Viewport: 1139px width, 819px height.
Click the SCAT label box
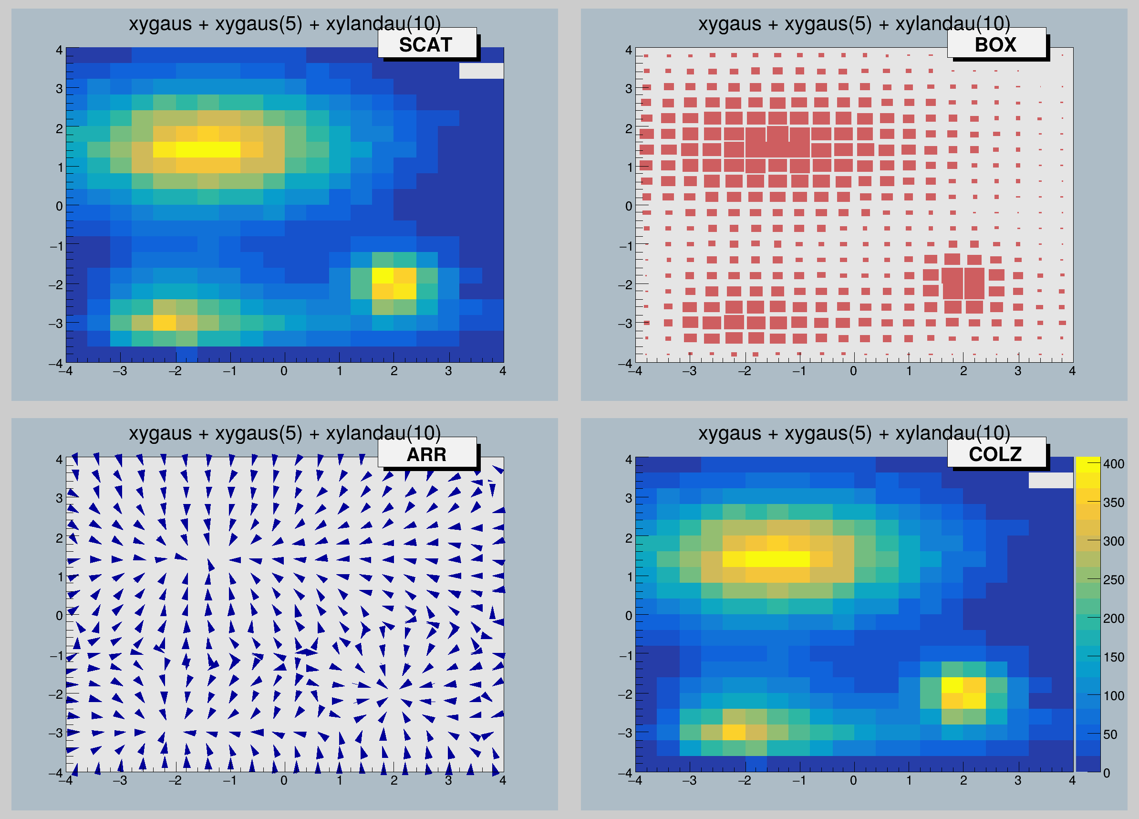click(426, 44)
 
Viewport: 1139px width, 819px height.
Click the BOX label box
click(996, 44)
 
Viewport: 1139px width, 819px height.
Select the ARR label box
click(426, 454)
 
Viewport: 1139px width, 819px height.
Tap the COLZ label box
click(996, 454)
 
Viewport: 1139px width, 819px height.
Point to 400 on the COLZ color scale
click(1113, 464)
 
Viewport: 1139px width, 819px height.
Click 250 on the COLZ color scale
click(1113, 580)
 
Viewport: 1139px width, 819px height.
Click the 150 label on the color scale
click(1113, 657)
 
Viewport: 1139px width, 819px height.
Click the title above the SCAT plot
click(285, 23)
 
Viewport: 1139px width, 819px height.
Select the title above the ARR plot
click(285, 433)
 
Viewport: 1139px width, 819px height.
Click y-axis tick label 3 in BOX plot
click(628, 88)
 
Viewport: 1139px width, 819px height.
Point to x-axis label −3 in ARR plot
click(120, 780)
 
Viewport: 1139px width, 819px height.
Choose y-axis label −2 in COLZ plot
click(625, 694)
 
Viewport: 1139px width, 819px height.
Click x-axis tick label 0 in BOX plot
click(853, 371)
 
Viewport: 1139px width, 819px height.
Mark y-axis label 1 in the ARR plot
click(61, 577)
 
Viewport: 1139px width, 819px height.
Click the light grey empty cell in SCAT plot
click(481, 71)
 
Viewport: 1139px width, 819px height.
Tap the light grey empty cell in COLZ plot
click(1051, 480)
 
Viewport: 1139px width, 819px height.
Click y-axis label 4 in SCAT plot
click(59, 50)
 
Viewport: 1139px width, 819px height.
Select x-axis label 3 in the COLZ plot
click(1017, 780)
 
